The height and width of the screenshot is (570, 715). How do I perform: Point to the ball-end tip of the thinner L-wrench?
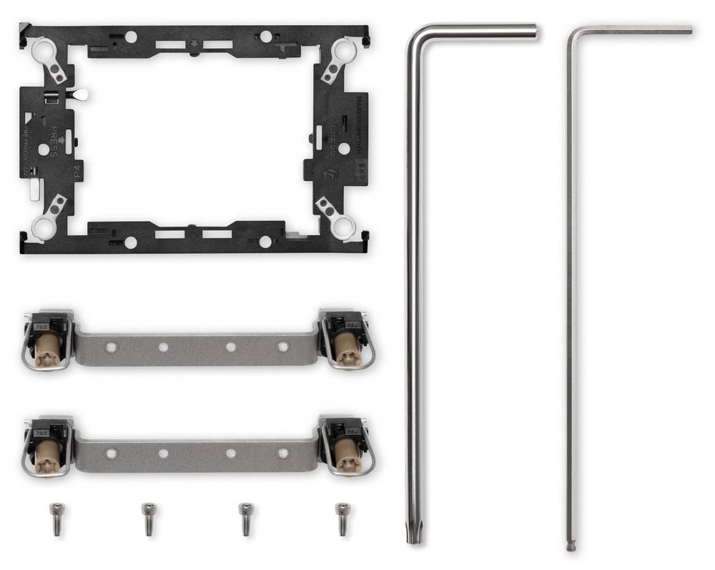tap(570, 546)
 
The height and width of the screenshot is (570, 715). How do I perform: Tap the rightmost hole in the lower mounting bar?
tap(283, 453)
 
